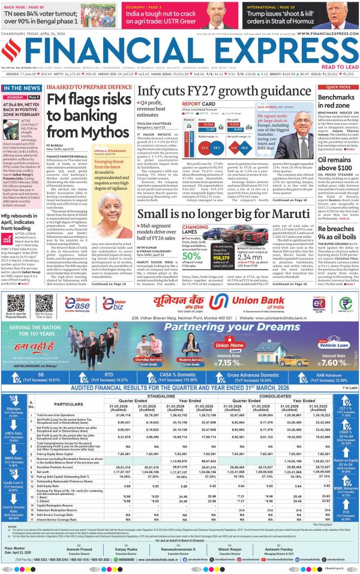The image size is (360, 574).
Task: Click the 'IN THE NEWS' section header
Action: click(22, 88)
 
